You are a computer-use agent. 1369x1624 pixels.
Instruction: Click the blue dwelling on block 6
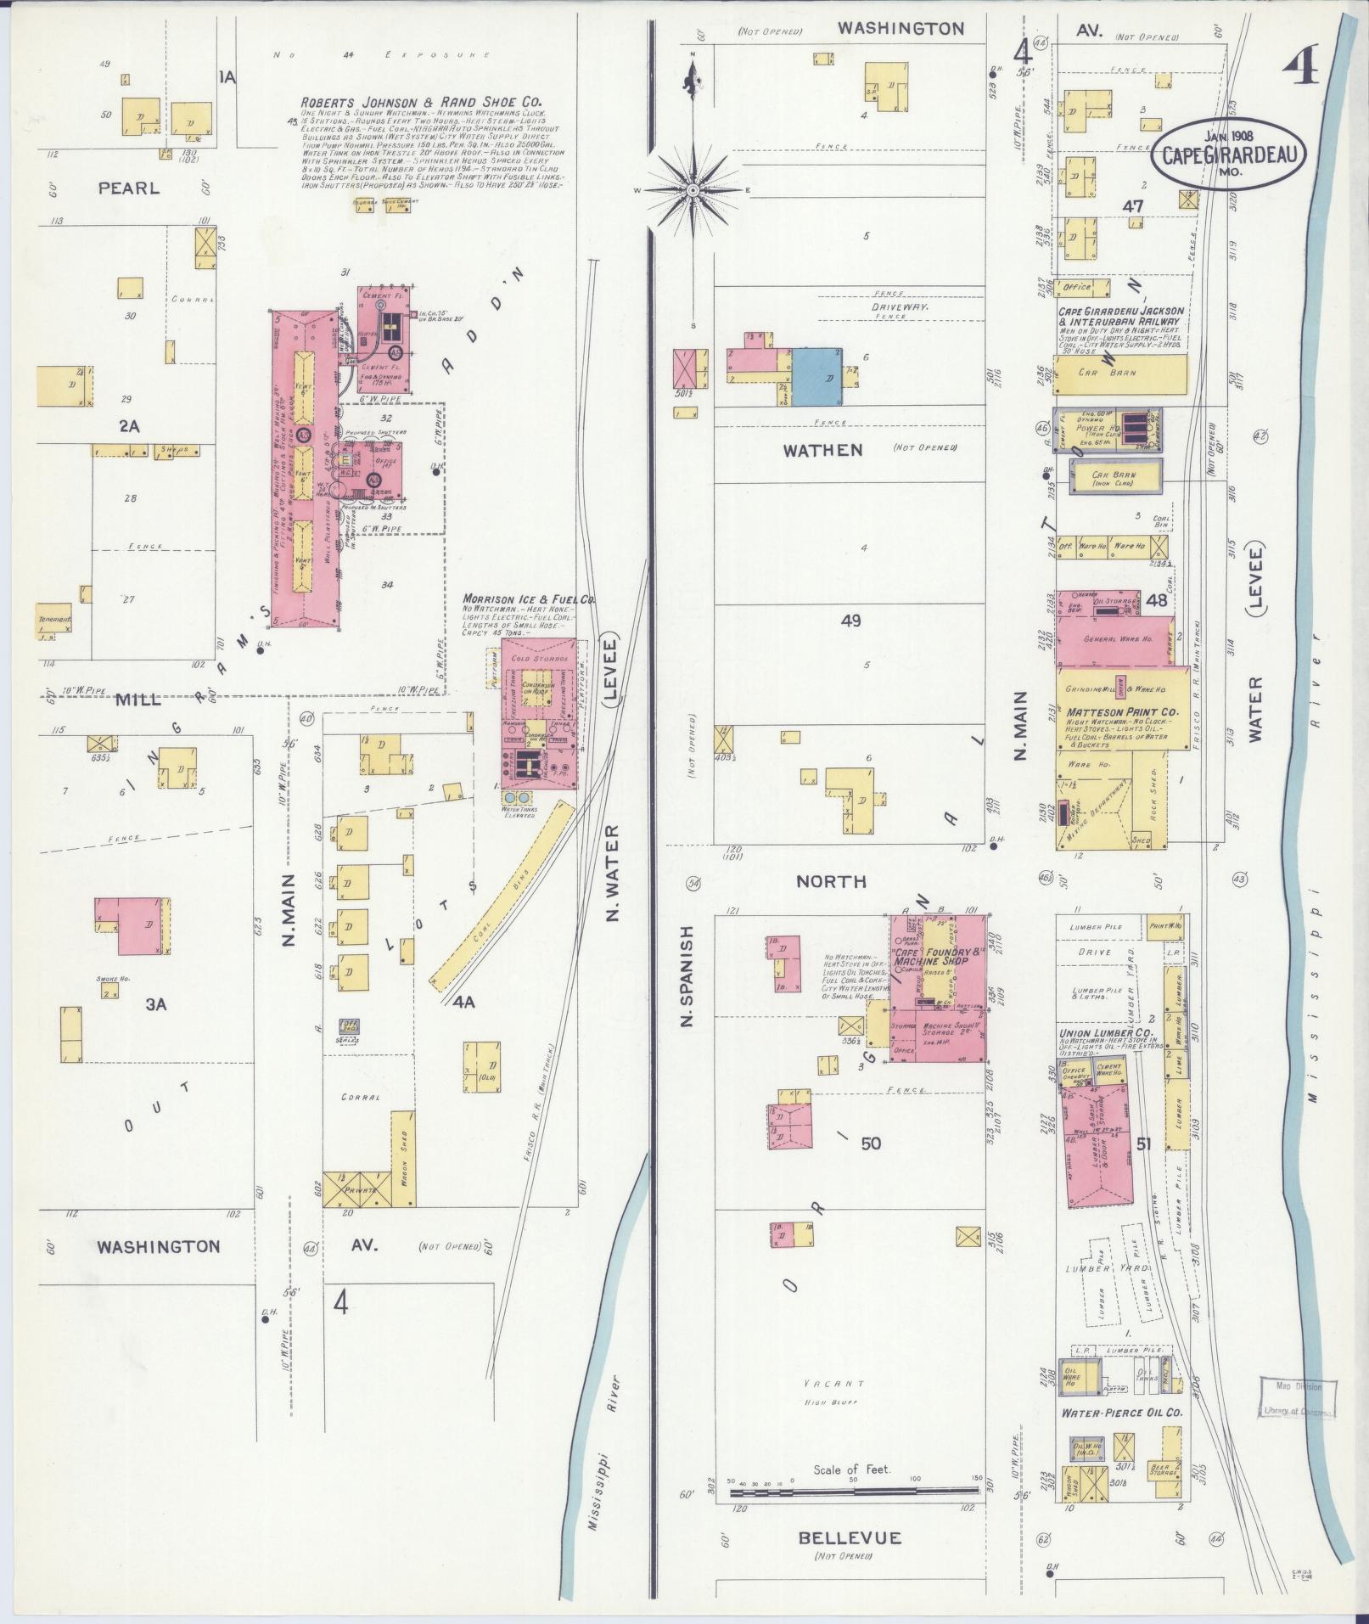click(x=817, y=377)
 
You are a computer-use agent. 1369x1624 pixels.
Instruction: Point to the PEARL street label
click(x=128, y=188)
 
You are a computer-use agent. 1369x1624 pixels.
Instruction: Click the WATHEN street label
click(x=822, y=450)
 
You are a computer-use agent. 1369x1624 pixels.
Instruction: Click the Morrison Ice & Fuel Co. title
click(x=529, y=598)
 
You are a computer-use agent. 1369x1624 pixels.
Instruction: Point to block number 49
click(x=850, y=621)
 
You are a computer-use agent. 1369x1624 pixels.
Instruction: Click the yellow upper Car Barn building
click(x=1120, y=374)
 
